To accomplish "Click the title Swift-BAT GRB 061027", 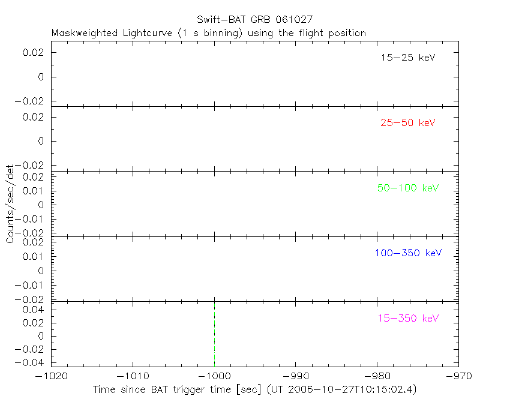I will point(254,20).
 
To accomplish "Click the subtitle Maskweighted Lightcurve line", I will point(209,33).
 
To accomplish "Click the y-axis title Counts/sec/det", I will point(10,204).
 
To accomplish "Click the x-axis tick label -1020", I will point(51,376).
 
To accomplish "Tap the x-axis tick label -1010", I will point(133,376).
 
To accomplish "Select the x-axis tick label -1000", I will point(214,376).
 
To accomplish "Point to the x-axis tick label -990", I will point(296,376).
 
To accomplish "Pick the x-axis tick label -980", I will point(377,376).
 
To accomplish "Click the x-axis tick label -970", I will point(458,376).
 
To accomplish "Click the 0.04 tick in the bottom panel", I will point(34,310).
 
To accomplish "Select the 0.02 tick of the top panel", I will point(34,53).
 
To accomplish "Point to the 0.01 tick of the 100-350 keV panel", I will point(34,256).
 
